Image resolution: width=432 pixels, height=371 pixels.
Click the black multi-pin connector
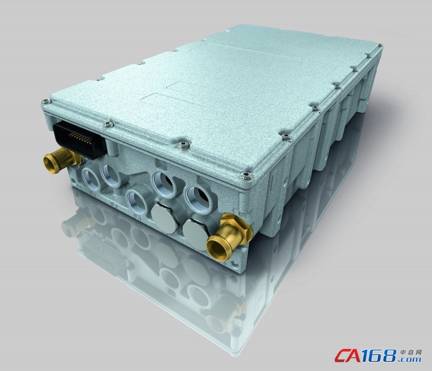[80, 139]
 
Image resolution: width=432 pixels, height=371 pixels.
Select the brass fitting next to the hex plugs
[228, 237]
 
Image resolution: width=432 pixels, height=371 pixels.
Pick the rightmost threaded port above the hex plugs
[197, 199]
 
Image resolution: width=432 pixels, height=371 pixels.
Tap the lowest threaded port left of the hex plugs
[137, 202]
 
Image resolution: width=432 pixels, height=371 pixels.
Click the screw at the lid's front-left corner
[46, 102]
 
